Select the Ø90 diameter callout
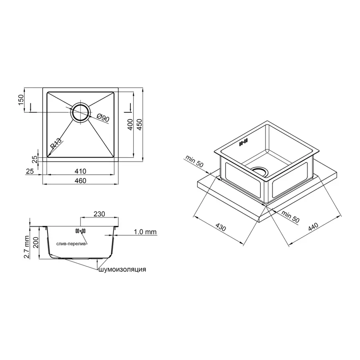(103, 118)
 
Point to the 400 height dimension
(130, 126)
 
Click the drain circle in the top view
(80, 112)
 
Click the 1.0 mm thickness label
(145, 232)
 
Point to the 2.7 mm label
(27, 247)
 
